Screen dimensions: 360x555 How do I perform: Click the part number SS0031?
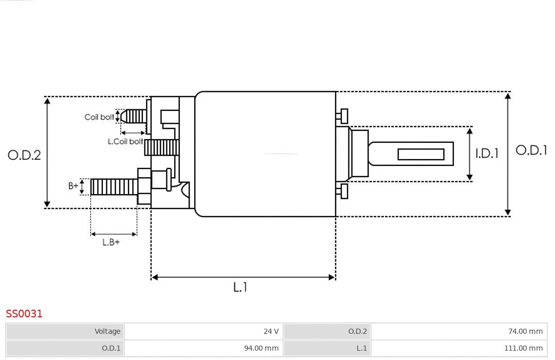coord(24,313)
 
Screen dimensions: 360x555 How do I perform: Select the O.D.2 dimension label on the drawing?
coord(24,155)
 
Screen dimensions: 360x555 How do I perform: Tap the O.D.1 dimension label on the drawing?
coord(531,150)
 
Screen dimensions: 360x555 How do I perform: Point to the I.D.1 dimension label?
coord(487,153)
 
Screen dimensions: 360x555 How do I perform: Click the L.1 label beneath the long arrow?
coord(240,287)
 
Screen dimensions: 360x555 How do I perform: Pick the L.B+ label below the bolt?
coord(110,242)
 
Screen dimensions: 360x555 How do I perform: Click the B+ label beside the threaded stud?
coord(73,186)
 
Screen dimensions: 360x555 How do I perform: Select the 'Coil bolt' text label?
coord(99,117)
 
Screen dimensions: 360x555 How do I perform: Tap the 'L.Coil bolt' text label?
coord(125,141)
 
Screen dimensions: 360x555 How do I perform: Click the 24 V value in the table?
coord(271,331)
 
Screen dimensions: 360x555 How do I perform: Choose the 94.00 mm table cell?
coord(261,348)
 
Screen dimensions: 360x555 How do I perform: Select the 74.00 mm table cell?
coord(525,331)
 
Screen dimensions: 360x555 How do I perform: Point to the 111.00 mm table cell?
coord(523,348)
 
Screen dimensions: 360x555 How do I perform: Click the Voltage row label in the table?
coord(107,331)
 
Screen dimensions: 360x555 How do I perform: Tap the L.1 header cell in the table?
coord(362,348)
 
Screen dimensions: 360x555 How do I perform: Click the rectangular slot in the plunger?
coord(421,154)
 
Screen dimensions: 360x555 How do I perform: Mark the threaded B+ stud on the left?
coord(114,187)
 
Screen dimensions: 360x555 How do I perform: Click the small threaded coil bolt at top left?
coord(135,116)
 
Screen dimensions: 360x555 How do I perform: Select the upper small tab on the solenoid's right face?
coord(343,116)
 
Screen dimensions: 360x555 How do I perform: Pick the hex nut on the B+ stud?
coord(144,186)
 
